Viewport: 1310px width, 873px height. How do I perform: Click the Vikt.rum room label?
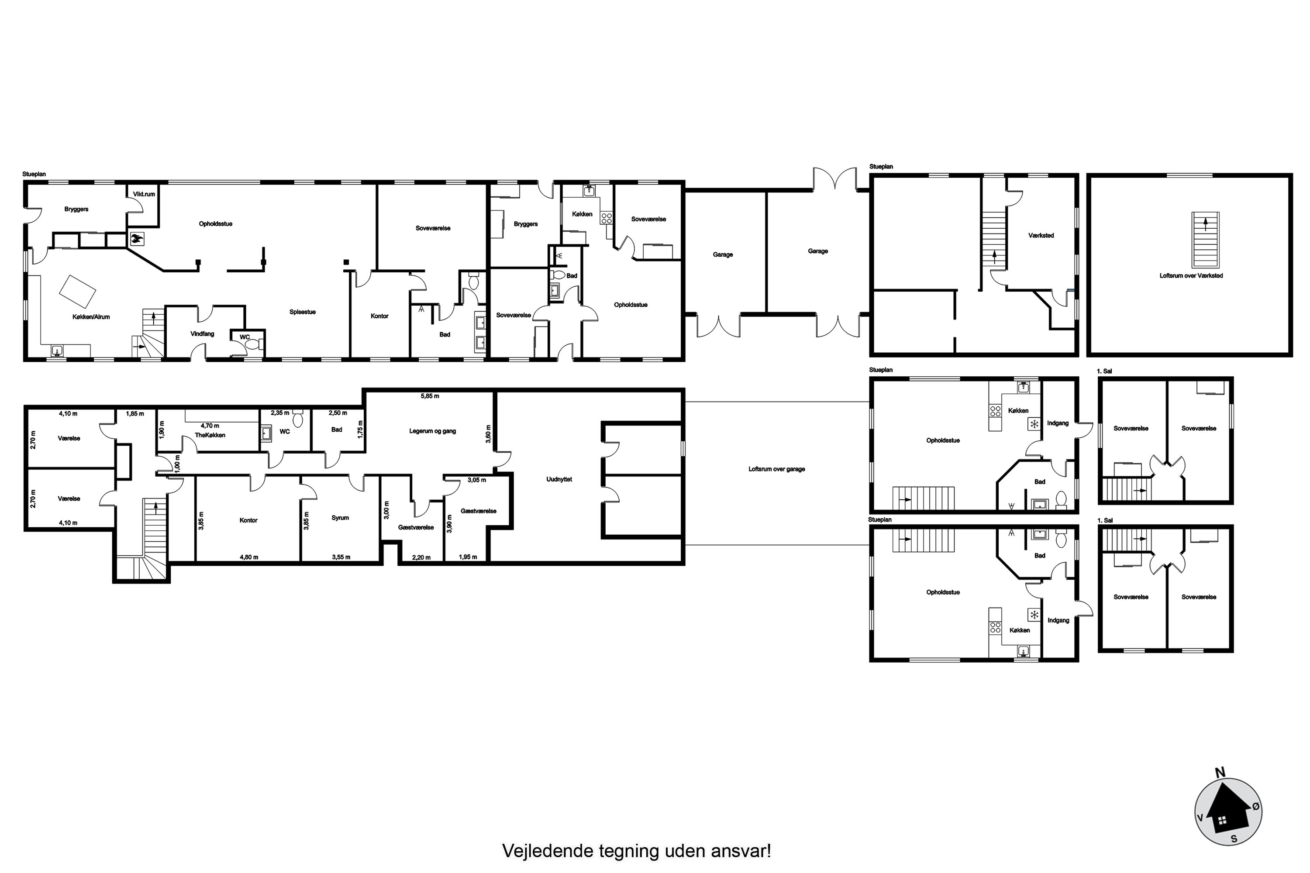[144, 194]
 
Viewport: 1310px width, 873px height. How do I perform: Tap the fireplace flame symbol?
[136, 239]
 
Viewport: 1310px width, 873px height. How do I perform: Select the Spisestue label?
[303, 312]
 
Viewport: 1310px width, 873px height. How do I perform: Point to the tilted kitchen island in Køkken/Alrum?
[77, 291]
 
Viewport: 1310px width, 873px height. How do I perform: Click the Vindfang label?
[202, 334]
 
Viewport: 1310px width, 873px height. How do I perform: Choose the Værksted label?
[1041, 236]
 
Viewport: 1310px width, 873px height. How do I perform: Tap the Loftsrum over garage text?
[776, 469]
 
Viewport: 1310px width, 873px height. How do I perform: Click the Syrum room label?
[340, 518]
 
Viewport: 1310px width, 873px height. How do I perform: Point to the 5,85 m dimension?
[429, 396]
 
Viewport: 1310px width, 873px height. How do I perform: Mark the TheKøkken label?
[210, 435]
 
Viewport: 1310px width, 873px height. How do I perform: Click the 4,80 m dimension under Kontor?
[248, 557]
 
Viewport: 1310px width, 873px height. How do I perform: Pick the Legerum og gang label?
[432, 431]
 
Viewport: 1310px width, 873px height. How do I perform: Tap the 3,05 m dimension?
[476, 480]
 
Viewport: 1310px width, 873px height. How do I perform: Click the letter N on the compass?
[1220, 772]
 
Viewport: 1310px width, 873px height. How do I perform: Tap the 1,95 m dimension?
[467, 557]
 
